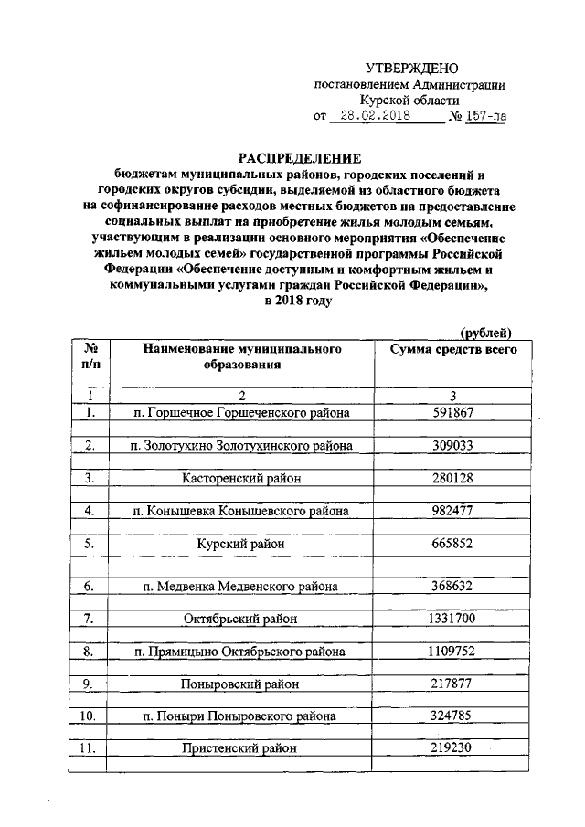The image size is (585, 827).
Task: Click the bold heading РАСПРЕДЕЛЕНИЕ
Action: [294, 156]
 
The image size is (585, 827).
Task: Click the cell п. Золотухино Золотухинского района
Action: [241, 445]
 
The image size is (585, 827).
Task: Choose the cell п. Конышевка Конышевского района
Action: [241, 510]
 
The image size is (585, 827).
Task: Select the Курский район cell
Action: [241, 544]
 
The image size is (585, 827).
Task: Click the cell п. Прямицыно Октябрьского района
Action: [241, 652]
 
